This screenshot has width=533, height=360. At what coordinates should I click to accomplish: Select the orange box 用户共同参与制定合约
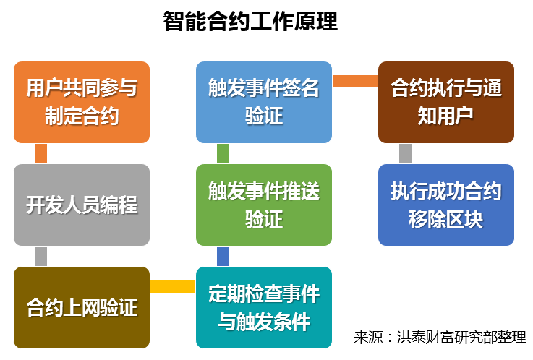(x=82, y=102)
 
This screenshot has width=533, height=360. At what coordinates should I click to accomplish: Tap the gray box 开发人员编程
(x=82, y=205)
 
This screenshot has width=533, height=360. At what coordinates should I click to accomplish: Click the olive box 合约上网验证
(x=82, y=307)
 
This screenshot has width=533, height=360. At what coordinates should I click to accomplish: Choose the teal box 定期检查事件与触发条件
(x=264, y=307)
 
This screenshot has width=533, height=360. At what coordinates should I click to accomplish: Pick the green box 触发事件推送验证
(x=264, y=205)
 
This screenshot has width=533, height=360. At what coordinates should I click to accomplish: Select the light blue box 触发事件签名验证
(x=264, y=102)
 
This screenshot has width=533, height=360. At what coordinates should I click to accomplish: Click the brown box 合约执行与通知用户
(x=446, y=102)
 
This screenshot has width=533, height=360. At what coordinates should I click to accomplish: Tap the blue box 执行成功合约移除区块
(x=446, y=205)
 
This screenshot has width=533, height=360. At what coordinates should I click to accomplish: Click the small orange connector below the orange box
(x=40, y=153)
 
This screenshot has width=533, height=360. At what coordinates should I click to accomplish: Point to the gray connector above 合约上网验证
(x=40, y=256)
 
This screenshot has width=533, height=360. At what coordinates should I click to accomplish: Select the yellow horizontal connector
(x=173, y=287)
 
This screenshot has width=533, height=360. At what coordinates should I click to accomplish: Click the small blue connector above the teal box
(x=223, y=256)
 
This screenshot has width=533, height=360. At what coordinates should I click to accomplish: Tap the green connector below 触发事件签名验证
(x=223, y=153)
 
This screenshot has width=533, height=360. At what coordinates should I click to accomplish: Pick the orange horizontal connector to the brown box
(x=355, y=81)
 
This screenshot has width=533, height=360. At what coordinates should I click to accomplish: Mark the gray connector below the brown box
(x=405, y=153)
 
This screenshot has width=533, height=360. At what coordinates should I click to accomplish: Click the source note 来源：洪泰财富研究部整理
(x=440, y=337)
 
